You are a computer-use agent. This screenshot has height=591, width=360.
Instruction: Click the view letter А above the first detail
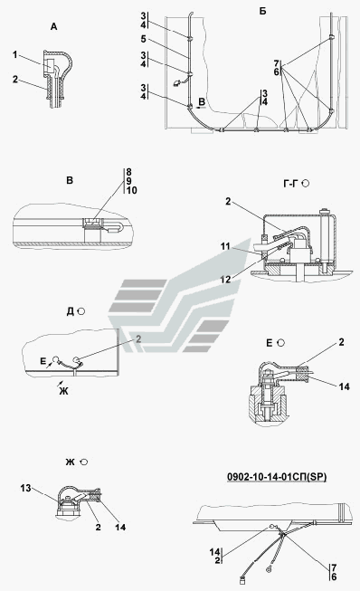coord(54,27)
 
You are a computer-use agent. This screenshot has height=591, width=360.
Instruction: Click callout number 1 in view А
coord(15,55)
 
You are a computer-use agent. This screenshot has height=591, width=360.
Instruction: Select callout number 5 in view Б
coord(144,39)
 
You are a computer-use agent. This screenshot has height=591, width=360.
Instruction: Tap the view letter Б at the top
coord(262,11)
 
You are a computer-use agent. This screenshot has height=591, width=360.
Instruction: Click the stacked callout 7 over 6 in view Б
coord(277,68)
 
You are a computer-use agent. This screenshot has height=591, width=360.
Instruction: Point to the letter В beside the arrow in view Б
coord(202,101)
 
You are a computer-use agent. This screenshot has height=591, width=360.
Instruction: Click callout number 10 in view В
coord(132,191)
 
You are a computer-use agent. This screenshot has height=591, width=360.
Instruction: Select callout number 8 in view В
coord(129,172)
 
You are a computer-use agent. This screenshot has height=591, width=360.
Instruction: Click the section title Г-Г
coord(290,184)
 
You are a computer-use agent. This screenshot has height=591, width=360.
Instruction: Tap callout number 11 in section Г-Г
coord(225,246)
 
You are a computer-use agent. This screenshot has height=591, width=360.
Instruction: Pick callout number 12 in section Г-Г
coord(225,280)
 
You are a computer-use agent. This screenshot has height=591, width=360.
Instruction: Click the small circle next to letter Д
coord(81,311)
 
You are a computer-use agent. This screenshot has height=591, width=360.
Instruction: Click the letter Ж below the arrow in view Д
coord(63,391)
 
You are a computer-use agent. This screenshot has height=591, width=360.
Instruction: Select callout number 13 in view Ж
coord(26,489)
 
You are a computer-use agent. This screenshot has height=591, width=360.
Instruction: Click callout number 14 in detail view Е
coord(345,386)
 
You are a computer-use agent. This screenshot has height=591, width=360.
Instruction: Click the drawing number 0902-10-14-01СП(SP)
coord(277,477)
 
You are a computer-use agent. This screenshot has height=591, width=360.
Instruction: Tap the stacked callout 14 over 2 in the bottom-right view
coord(215,556)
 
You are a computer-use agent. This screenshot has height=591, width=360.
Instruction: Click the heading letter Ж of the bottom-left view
coord(70,462)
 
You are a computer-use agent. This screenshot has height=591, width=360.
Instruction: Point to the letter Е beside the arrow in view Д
coord(43,362)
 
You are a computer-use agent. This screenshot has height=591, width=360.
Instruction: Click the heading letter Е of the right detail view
coord(270,343)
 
